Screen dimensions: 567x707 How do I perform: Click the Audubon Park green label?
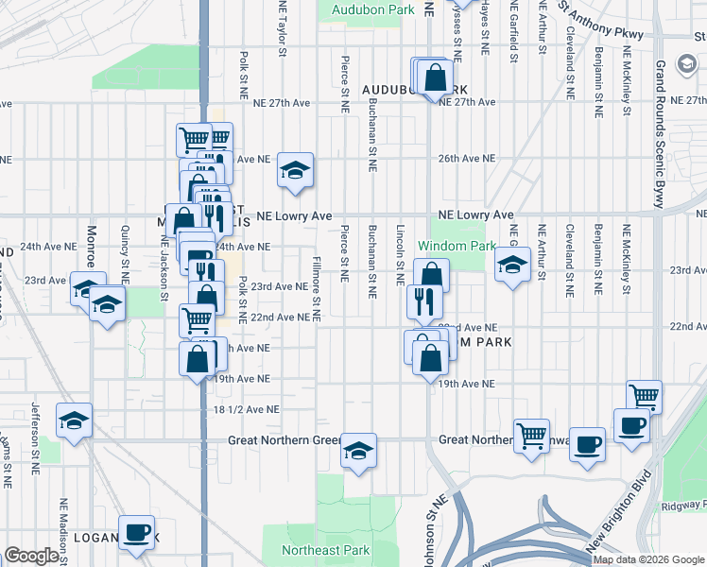373,9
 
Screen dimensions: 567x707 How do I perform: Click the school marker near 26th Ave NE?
295,170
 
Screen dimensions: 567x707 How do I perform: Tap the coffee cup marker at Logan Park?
136,533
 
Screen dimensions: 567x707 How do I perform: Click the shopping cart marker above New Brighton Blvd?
644,397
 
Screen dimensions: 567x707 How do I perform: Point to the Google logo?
31,557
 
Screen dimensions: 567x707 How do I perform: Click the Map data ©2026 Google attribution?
648,559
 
